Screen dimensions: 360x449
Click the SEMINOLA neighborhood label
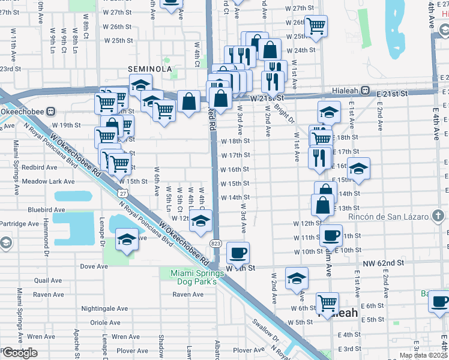pos(150,70)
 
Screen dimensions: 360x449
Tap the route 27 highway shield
pos(122,193)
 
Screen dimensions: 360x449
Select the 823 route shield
pos(215,242)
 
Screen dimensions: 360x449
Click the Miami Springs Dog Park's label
pos(193,277)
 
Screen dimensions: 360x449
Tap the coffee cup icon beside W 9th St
pos(238,252)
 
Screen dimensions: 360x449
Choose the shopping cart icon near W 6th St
pos(327,302)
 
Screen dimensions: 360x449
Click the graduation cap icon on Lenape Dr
pos(127,240)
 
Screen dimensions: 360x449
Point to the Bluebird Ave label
pos(46,210)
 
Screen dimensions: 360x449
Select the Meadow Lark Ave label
pos(48,181)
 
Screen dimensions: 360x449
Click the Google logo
pos(19,353)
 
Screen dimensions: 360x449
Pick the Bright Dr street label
pos(285,114)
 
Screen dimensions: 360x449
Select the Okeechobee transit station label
pos(24,111)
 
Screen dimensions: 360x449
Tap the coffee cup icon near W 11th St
pos(330,235)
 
